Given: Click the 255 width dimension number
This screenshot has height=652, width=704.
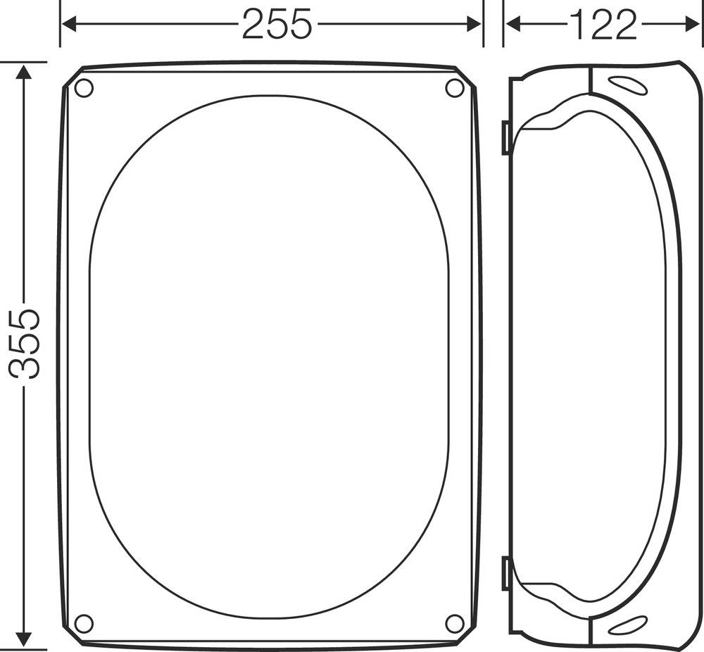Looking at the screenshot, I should coord(276,25).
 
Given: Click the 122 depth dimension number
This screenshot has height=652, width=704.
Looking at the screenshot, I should coord(603,25).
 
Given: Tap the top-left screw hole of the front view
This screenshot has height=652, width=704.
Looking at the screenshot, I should coord(84,89).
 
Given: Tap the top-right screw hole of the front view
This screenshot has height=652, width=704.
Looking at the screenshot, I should coord(455,88).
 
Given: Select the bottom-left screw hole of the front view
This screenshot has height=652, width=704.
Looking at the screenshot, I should coord(84,623).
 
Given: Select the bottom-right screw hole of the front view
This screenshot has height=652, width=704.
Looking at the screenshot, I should coord(455,623).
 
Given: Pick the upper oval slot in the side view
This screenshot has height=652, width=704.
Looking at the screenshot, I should coord(629,86).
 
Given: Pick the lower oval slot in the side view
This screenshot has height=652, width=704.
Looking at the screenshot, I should coord(627,624).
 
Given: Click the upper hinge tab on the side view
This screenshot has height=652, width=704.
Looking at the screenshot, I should coord(505,137).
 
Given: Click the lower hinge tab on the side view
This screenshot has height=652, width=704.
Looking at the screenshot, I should coord(505,573).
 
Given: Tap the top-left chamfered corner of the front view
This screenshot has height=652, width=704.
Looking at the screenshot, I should coord(73,77).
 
